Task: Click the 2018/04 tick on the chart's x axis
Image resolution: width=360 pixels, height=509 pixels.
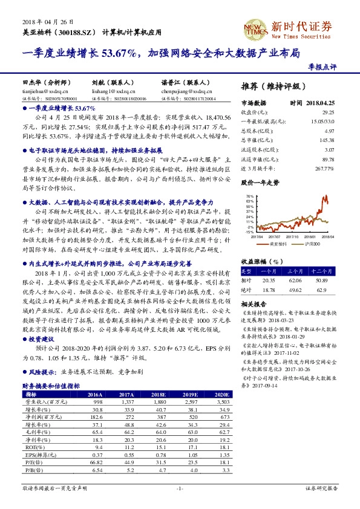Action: [x=327, y=237]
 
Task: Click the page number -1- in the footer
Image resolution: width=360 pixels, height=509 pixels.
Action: [x=180, y=487]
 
